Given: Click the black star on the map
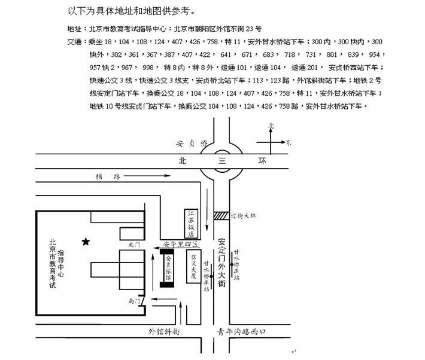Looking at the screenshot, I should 86,242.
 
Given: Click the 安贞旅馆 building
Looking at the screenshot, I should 168,268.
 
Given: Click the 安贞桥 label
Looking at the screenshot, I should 191,144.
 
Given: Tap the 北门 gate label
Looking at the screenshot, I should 133,245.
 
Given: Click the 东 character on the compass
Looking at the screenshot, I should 289,143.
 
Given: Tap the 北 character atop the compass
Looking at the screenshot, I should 271,126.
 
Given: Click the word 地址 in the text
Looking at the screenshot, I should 75,29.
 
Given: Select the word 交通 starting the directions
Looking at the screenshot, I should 75,42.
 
